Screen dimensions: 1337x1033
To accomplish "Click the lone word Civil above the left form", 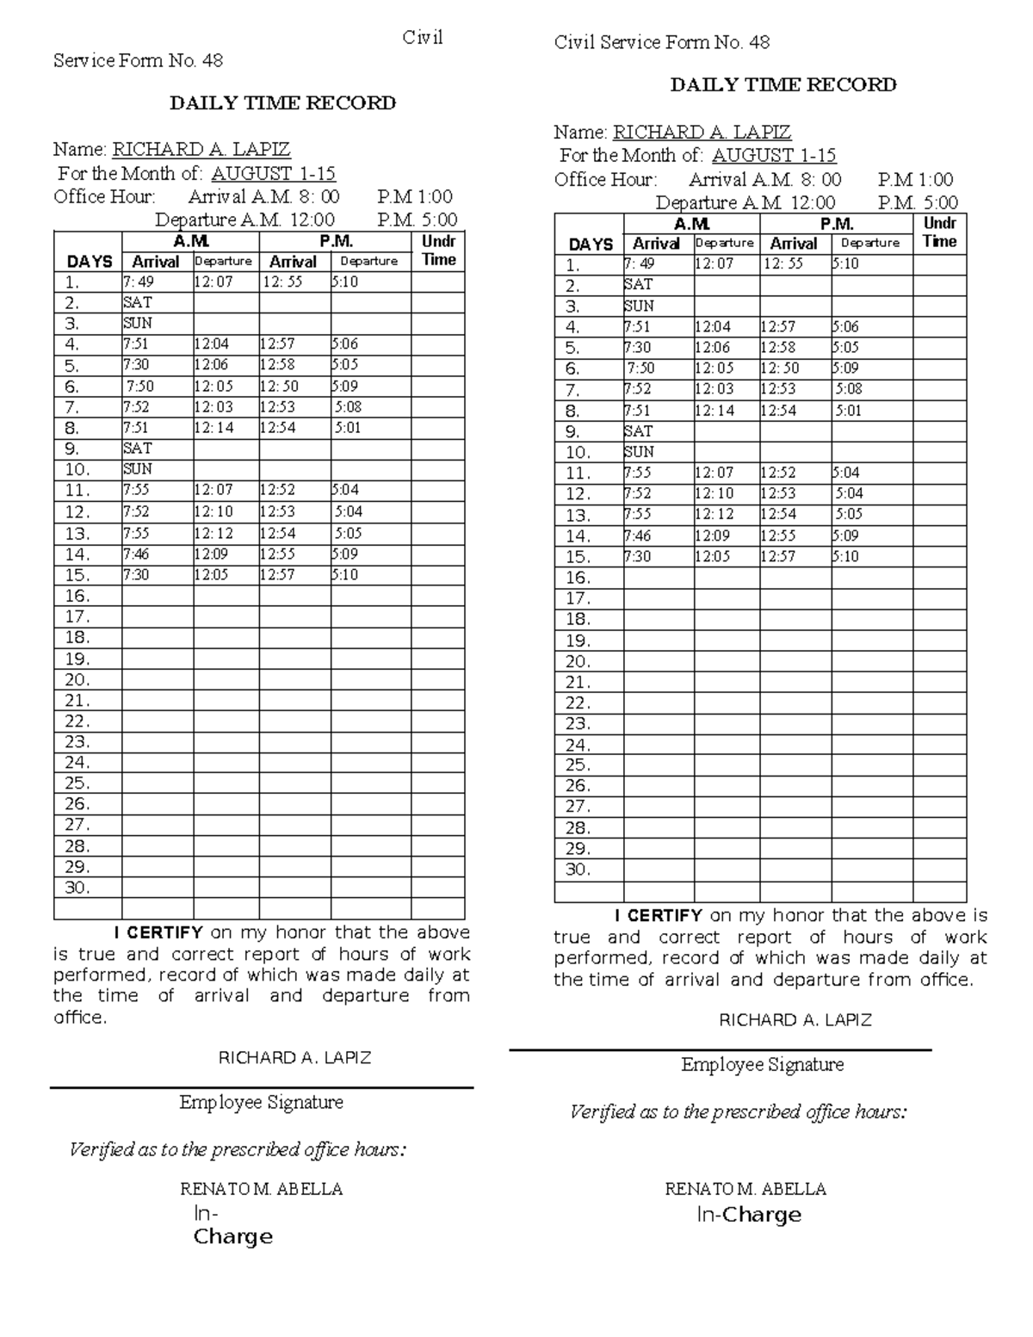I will click(x=422, y=38).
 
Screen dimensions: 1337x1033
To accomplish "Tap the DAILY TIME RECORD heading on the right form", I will click(x=782, y=84).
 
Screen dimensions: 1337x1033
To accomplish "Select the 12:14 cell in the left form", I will click(x=213, y=428).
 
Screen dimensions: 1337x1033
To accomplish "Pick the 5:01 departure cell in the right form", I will click(x=848, y=411).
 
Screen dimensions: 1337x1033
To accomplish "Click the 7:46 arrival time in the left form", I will click(x=136, y=554).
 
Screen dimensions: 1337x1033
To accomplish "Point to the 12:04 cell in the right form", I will click(x=713, y=327).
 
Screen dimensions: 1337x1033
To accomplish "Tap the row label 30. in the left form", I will click(x=77, y=888).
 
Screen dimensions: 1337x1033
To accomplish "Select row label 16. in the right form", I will click(x=578, y=578).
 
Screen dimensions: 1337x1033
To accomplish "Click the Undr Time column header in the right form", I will click(x=939, y=232).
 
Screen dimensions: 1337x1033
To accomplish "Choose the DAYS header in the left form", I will click(x=90, y=262).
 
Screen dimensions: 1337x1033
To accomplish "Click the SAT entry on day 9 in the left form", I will click(x=138, y=449).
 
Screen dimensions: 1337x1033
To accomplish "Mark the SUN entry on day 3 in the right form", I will click(x=639, y=306).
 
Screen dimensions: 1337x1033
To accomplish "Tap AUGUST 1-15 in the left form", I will click(x=273, y=173).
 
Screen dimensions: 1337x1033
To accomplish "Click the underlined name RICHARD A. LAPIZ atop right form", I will click(x=701, y=132).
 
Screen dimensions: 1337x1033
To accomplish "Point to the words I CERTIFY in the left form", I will click(x=158, y=932).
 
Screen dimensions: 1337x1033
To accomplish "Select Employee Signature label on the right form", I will click(x=762, y=1065).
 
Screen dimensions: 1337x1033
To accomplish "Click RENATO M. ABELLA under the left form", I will click(x=261, y=1189).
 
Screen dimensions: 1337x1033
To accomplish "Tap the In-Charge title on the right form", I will click(x=748, y=1215).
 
